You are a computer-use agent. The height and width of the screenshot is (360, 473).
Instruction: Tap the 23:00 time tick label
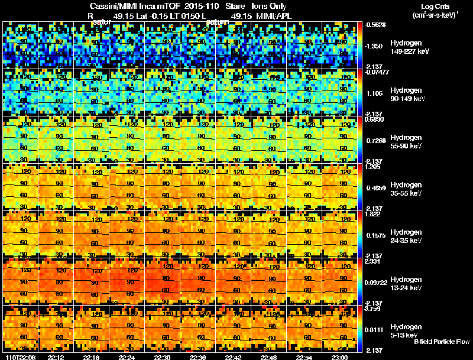(x=339, y=356)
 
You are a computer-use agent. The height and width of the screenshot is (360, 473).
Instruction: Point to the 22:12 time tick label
(x=56, y=356)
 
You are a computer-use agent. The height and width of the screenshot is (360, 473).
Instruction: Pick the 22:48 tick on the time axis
(x=268, y=356)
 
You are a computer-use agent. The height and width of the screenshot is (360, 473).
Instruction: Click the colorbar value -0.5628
(x=375, y=25)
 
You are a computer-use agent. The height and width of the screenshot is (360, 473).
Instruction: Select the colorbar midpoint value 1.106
(x=374, y=93)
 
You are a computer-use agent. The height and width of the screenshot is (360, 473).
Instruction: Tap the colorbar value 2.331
(x=374, y=261)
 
